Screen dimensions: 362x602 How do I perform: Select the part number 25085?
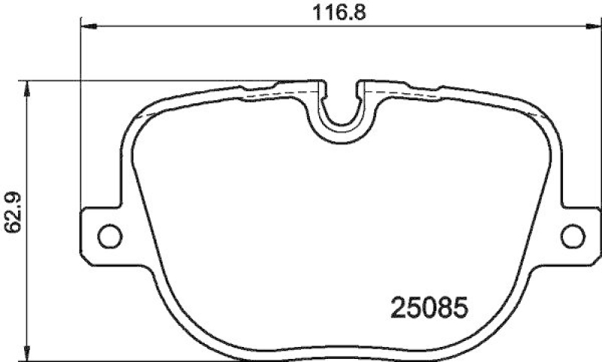click(429, 307)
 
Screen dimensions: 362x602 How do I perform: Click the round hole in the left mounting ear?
click(109, 234)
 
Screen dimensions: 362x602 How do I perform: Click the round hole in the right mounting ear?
click(572, 234)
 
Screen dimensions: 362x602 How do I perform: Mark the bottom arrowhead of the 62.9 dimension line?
click(28, 354)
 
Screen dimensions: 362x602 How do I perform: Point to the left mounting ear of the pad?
click(102, 234)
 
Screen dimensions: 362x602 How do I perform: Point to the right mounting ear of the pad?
click(578, 234)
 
